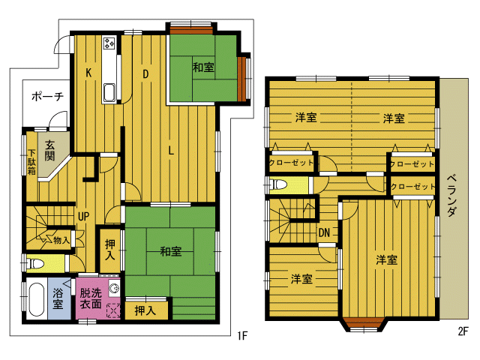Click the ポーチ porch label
pyautogui.click(x=47, y=97)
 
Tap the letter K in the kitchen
pyautogui.click(x=88, y=73)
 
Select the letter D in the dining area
pyautogui.click(x=145, y=73)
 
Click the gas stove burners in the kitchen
pyautogui.click(x=109, y=43)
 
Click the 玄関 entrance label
pyautogui.click(x=49, y=150)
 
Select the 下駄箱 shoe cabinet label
pyautogui.click(x=31, y=162)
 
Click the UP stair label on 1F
pyautogui.click(x=83, y=217)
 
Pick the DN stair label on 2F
pyautogui.click(x=324, y=232)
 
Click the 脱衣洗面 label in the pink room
pyautogui.click(x=91, y=298)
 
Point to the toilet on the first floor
pyautogui.click(x=35, y=263)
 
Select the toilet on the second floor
pyautogui.click(x=279, y=185)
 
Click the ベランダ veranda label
pyautogui.click(x=452, y=195)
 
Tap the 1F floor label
pyautogui.click(x=241, y=336)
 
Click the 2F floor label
pyautogui.click(x=463, y=331)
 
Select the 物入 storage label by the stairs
pyautogui.click(x=61, y=240)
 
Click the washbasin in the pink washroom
pyautogui.click(x=114, y=288)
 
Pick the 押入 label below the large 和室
pyautogui.click(x=145, y=310)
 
